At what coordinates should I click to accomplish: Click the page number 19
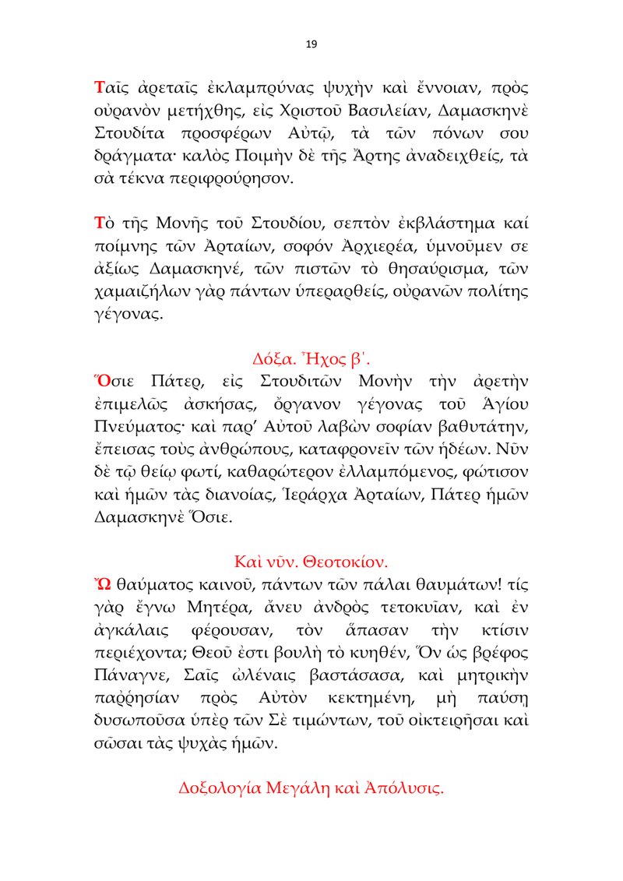pos(311,44)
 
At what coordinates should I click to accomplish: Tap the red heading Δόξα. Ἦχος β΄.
pos(311,360)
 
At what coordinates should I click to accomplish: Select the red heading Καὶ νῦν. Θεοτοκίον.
pos(311,561)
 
